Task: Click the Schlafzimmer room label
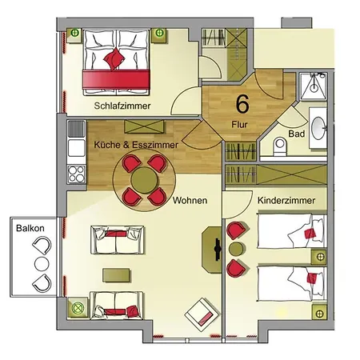tap(122, 106)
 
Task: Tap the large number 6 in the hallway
tap(242, 103)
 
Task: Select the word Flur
tap(239, 125)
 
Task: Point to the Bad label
tap(297, 134)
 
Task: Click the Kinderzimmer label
tap(286, 200)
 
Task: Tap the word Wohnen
tap(190, 200)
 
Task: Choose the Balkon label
tap(30, 228)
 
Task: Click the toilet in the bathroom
tap(280, 146)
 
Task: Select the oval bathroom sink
tap(318, 128)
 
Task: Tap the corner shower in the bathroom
tap(313, 86)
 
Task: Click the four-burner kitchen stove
tap(76, 174)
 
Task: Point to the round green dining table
tap(144, 180)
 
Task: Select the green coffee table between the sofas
tap(116, 275)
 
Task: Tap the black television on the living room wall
tap(218, 250)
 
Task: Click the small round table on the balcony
tap(42, 264)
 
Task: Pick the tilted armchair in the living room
tap(202, 314)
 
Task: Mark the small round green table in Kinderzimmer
tap(236, 249)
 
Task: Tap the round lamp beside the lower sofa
tap(78, 307)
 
